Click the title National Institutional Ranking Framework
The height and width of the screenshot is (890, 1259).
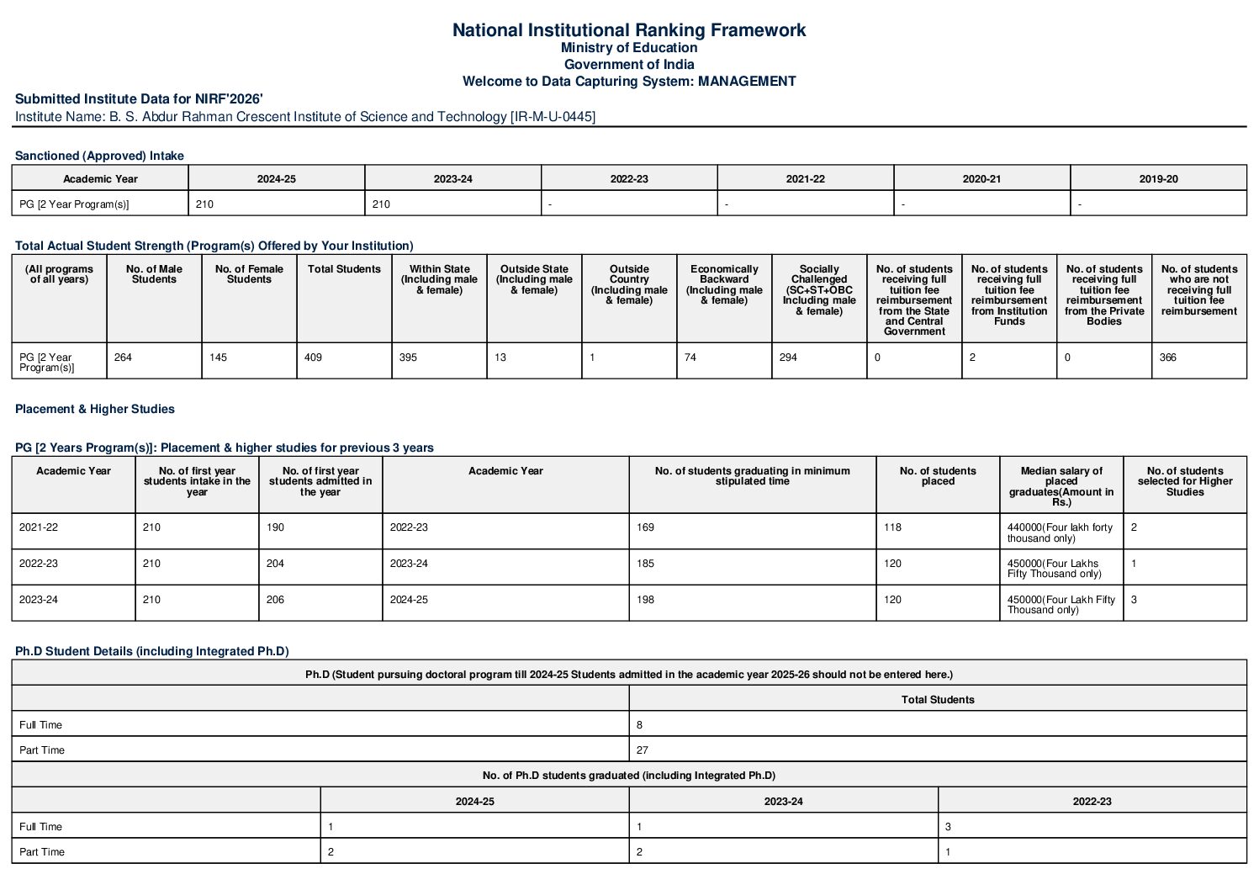pyautogui.click(x=628, y=30)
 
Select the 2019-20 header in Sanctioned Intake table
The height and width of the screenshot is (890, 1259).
pyautogui.click(x=1158, y=179)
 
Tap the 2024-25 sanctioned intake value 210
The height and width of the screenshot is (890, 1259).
pyautogui.click(x=204, y=204)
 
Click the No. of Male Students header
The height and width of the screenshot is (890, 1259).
pyautogui.click(x=154, y=274)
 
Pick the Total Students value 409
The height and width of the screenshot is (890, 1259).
pyautogui.click(x=314, y=358)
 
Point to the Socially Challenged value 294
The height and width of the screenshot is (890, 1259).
pyautogui.click(x=788, y=358)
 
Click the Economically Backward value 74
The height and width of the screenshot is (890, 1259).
pyautogui.click(x=690, y=358)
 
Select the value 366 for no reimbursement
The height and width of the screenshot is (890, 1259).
pyautogui.click(x=1168, y=358)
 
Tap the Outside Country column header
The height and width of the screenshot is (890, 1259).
pyautogui.click(x=629, y=284)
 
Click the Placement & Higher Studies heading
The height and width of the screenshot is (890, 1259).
pyautogui.click(x=95, y=409)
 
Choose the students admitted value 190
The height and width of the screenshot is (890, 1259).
pyautogui.click(x=276, y=527)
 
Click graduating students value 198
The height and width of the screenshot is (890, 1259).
pyautogui.click(x=646, y=600)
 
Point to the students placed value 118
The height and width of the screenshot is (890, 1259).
pyautogui.click(x=892, y=527)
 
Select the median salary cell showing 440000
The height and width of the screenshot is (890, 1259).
pyautogui.click(x=1060, y=532)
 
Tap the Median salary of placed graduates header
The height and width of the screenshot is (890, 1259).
pyautogui.click(x=1061, y=486)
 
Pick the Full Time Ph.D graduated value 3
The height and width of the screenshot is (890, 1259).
pyautogui.click(x=948, y=827)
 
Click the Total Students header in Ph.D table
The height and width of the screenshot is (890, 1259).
pyautogui.click(x=938, y=700)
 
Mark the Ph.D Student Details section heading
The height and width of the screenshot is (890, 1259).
pyautogui.click(x=151, y=651)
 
